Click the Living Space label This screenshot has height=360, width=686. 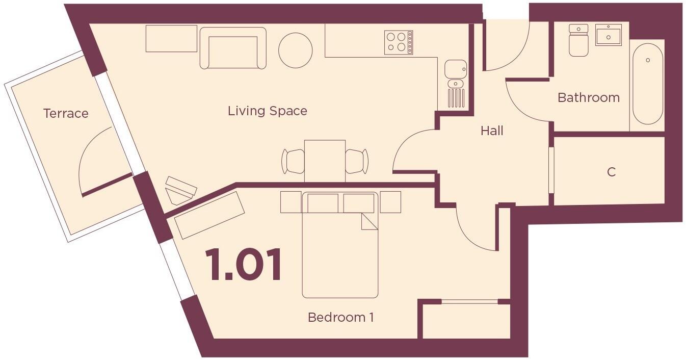267,111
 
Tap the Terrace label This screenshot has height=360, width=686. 66,113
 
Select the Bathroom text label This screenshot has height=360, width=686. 588,97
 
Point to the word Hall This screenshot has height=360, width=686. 492,131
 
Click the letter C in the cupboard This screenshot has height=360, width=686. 611,172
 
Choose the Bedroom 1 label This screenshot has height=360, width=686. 340,317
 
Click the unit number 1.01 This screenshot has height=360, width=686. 244,265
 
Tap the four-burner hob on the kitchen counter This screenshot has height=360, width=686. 399,42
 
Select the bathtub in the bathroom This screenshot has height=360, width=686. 648,84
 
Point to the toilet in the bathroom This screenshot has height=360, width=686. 578,40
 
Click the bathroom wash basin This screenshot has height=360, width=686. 609,35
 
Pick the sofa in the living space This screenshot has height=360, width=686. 233,48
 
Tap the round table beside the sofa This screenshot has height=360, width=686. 296,50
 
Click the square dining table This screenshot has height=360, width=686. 325,160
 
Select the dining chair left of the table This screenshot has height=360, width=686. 294,161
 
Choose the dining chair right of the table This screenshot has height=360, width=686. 356,161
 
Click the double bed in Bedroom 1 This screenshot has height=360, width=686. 340,250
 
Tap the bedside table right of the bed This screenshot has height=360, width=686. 390,202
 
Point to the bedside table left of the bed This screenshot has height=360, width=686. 291,202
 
